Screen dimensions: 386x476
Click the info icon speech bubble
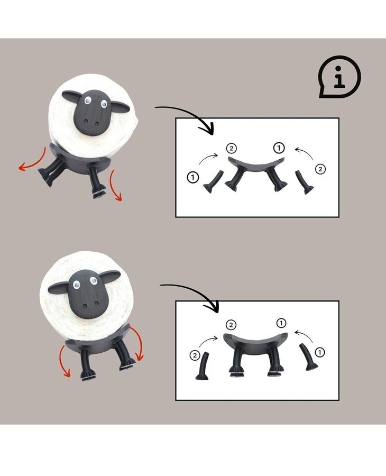tap(339, 77)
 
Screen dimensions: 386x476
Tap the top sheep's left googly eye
tap(88, 100)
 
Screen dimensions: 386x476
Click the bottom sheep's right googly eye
tap(94, 280)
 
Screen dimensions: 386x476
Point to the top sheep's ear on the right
tap(120, 107)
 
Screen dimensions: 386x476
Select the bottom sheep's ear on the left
tap(58, 288)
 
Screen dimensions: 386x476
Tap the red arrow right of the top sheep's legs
tap(116, 185)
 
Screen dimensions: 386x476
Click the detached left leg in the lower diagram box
tap(203, 366)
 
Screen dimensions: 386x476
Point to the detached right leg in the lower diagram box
tap(307, 358)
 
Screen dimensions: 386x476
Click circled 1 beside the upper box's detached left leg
tap(193, 177)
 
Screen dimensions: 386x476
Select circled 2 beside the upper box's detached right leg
tap(321, 169)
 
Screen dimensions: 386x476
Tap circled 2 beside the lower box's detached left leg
tap(195, 355)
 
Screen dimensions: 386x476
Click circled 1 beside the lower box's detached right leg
tap(319, 352)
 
